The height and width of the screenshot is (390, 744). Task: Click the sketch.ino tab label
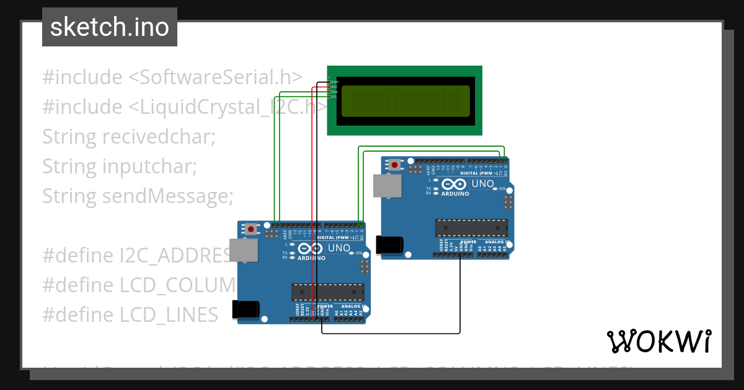point(110,27)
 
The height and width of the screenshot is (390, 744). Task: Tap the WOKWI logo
point(658,341)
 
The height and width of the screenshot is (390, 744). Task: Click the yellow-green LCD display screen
point(405,101)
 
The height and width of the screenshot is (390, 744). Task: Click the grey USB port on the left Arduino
point(244,250)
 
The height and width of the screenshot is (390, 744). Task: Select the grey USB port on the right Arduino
point(387,185)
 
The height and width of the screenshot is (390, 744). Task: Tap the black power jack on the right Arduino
point(391,245)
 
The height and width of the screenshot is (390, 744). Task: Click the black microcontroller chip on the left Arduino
point(328,292)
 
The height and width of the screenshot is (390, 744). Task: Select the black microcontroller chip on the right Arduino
point(471,227)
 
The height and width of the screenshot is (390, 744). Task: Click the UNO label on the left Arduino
point(339,248)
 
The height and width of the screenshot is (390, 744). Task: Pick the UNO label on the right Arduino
point(482,184)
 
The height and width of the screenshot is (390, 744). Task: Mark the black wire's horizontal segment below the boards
point(391,333)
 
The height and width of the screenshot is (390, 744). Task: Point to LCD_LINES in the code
point(169,315)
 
